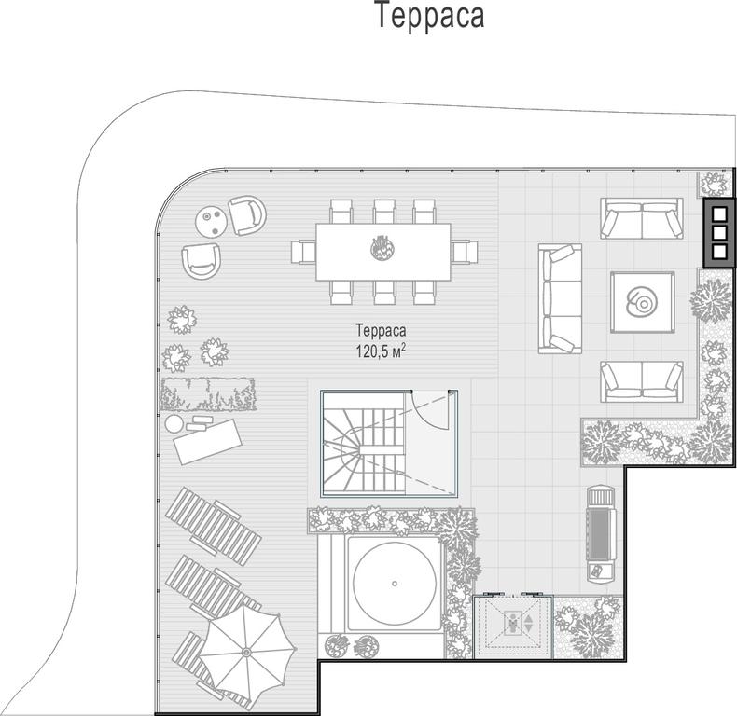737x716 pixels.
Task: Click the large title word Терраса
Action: (x=430, y=16)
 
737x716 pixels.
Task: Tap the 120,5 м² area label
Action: (x=381, y=351)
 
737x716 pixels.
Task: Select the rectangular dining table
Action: (x=383, y=252)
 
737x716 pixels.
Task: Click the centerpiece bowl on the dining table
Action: (x=382, y=248)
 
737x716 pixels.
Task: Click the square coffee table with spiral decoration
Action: (x=643, y=302)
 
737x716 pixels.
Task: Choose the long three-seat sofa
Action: (x=561, y=298)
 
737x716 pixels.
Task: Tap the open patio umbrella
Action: (x=247, y=652)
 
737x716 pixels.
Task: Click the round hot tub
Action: (x=395, y=583)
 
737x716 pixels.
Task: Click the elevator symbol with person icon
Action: (x=513, y=626)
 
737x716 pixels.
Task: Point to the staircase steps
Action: (x=363, y=443)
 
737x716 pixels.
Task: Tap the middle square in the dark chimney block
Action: (x=719, y=233)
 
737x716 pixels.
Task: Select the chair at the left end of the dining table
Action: (x=302, y=252)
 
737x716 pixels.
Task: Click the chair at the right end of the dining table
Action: (x=465, y=252)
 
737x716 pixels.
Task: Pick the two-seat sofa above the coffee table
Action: (x=642, y=218)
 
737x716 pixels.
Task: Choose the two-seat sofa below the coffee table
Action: (x=642, y=381)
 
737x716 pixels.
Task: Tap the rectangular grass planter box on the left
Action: (x=208, y=393)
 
